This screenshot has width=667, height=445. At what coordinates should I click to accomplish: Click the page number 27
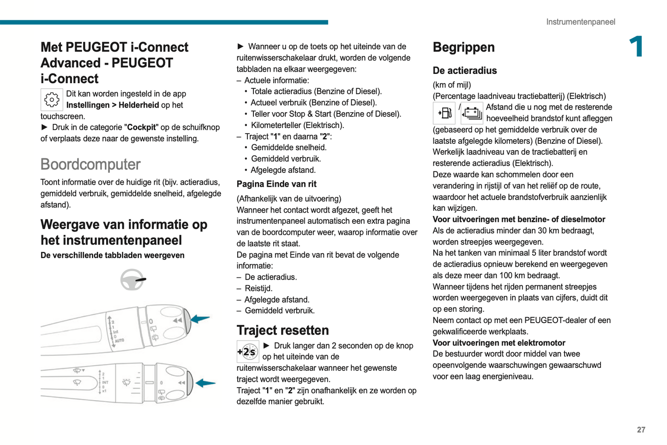[x=641, y=430]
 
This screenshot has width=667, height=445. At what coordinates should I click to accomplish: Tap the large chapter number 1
[x=637, y=47]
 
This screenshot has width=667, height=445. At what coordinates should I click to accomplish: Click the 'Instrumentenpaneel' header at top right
[x=580, y=22]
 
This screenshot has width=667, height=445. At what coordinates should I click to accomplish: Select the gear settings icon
[x=52, y=99]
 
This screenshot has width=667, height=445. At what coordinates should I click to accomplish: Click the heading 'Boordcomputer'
[x=90, y=165]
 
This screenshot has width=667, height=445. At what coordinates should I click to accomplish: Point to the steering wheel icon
[x=132, y=280]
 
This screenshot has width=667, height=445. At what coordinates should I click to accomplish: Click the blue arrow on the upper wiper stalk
[x=200, y=319]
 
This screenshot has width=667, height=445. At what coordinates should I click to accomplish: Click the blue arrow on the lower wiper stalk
[x=205, y=383]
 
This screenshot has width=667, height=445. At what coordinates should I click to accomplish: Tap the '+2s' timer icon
[x=247, y=352]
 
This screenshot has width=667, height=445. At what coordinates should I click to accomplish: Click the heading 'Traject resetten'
[x=282, y=330]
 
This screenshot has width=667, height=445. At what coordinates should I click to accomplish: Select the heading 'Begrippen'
[x=463, y=47]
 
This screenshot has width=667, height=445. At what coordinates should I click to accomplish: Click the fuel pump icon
[x=444, y=113]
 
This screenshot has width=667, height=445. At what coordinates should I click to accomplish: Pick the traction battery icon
[x=472, y=113]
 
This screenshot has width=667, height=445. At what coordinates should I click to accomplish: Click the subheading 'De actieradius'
[x=464, y=71]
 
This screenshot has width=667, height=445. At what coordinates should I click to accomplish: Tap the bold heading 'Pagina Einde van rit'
[x=276, y=184]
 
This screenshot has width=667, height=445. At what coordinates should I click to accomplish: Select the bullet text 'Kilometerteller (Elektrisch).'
[x=297, y=125]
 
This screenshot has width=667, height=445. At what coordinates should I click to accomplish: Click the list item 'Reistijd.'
[x=258, y=288]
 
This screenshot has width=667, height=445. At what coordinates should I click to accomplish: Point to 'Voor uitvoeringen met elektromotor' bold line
[x=499, y=343]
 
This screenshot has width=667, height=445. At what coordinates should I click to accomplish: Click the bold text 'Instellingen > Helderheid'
[x=113, y=105]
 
